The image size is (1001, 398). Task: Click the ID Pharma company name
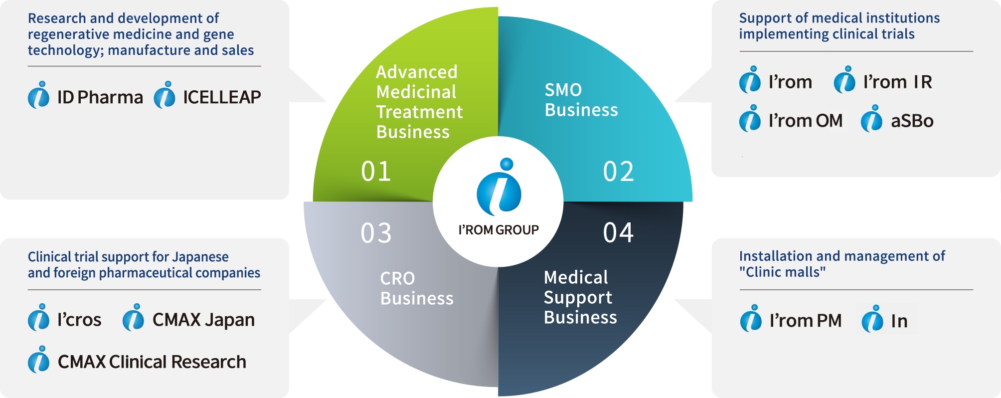point(100,97)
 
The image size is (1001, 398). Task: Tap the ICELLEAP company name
point(222,97)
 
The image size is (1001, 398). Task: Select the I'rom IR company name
point(897,82)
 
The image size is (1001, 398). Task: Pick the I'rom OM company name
point(806,121)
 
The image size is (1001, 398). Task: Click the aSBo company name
point(912,121)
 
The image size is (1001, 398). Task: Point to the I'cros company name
point(79,320)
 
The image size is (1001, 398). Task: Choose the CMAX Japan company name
point(203,320)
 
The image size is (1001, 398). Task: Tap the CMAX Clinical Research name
point(152,362)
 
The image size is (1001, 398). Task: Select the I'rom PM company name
point(806,321)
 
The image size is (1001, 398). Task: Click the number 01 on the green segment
point(376,172)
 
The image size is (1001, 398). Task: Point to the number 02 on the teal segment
point(618,172)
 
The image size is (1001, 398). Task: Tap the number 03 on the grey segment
point(376,233)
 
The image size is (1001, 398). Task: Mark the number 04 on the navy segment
point(618,232)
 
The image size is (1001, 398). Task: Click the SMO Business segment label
point(581,100)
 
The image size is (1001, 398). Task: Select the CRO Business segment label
point(417,288)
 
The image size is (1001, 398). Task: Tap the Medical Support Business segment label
point(580,297)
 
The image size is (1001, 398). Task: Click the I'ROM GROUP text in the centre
point(499,230)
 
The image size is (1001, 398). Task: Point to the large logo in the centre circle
point(499,187)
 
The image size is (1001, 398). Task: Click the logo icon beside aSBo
point(871,119)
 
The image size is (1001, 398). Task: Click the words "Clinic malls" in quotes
point(782,272)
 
